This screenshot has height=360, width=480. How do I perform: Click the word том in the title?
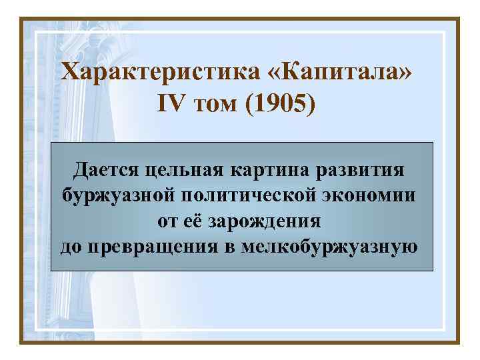click(216, 104)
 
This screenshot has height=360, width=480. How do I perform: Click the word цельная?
click(185, 169)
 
